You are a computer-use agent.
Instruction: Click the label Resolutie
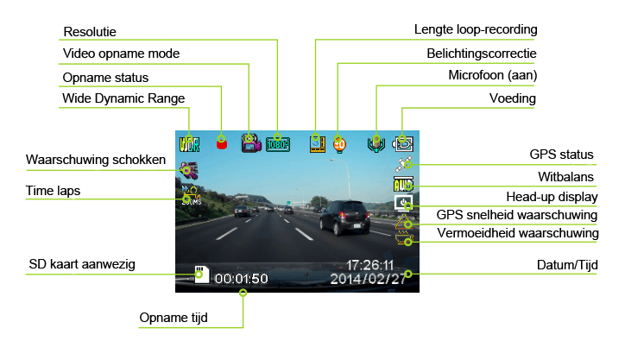coord(90,33)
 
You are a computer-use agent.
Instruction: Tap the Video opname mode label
coord(121,54)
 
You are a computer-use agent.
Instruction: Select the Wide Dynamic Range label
coord(123,98)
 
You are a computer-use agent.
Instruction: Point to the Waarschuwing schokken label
coord(96,161)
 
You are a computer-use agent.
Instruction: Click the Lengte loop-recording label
coord(475,29)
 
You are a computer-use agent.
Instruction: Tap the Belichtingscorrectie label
coord(482,54)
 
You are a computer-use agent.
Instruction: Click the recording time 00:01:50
coord(242,279)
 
